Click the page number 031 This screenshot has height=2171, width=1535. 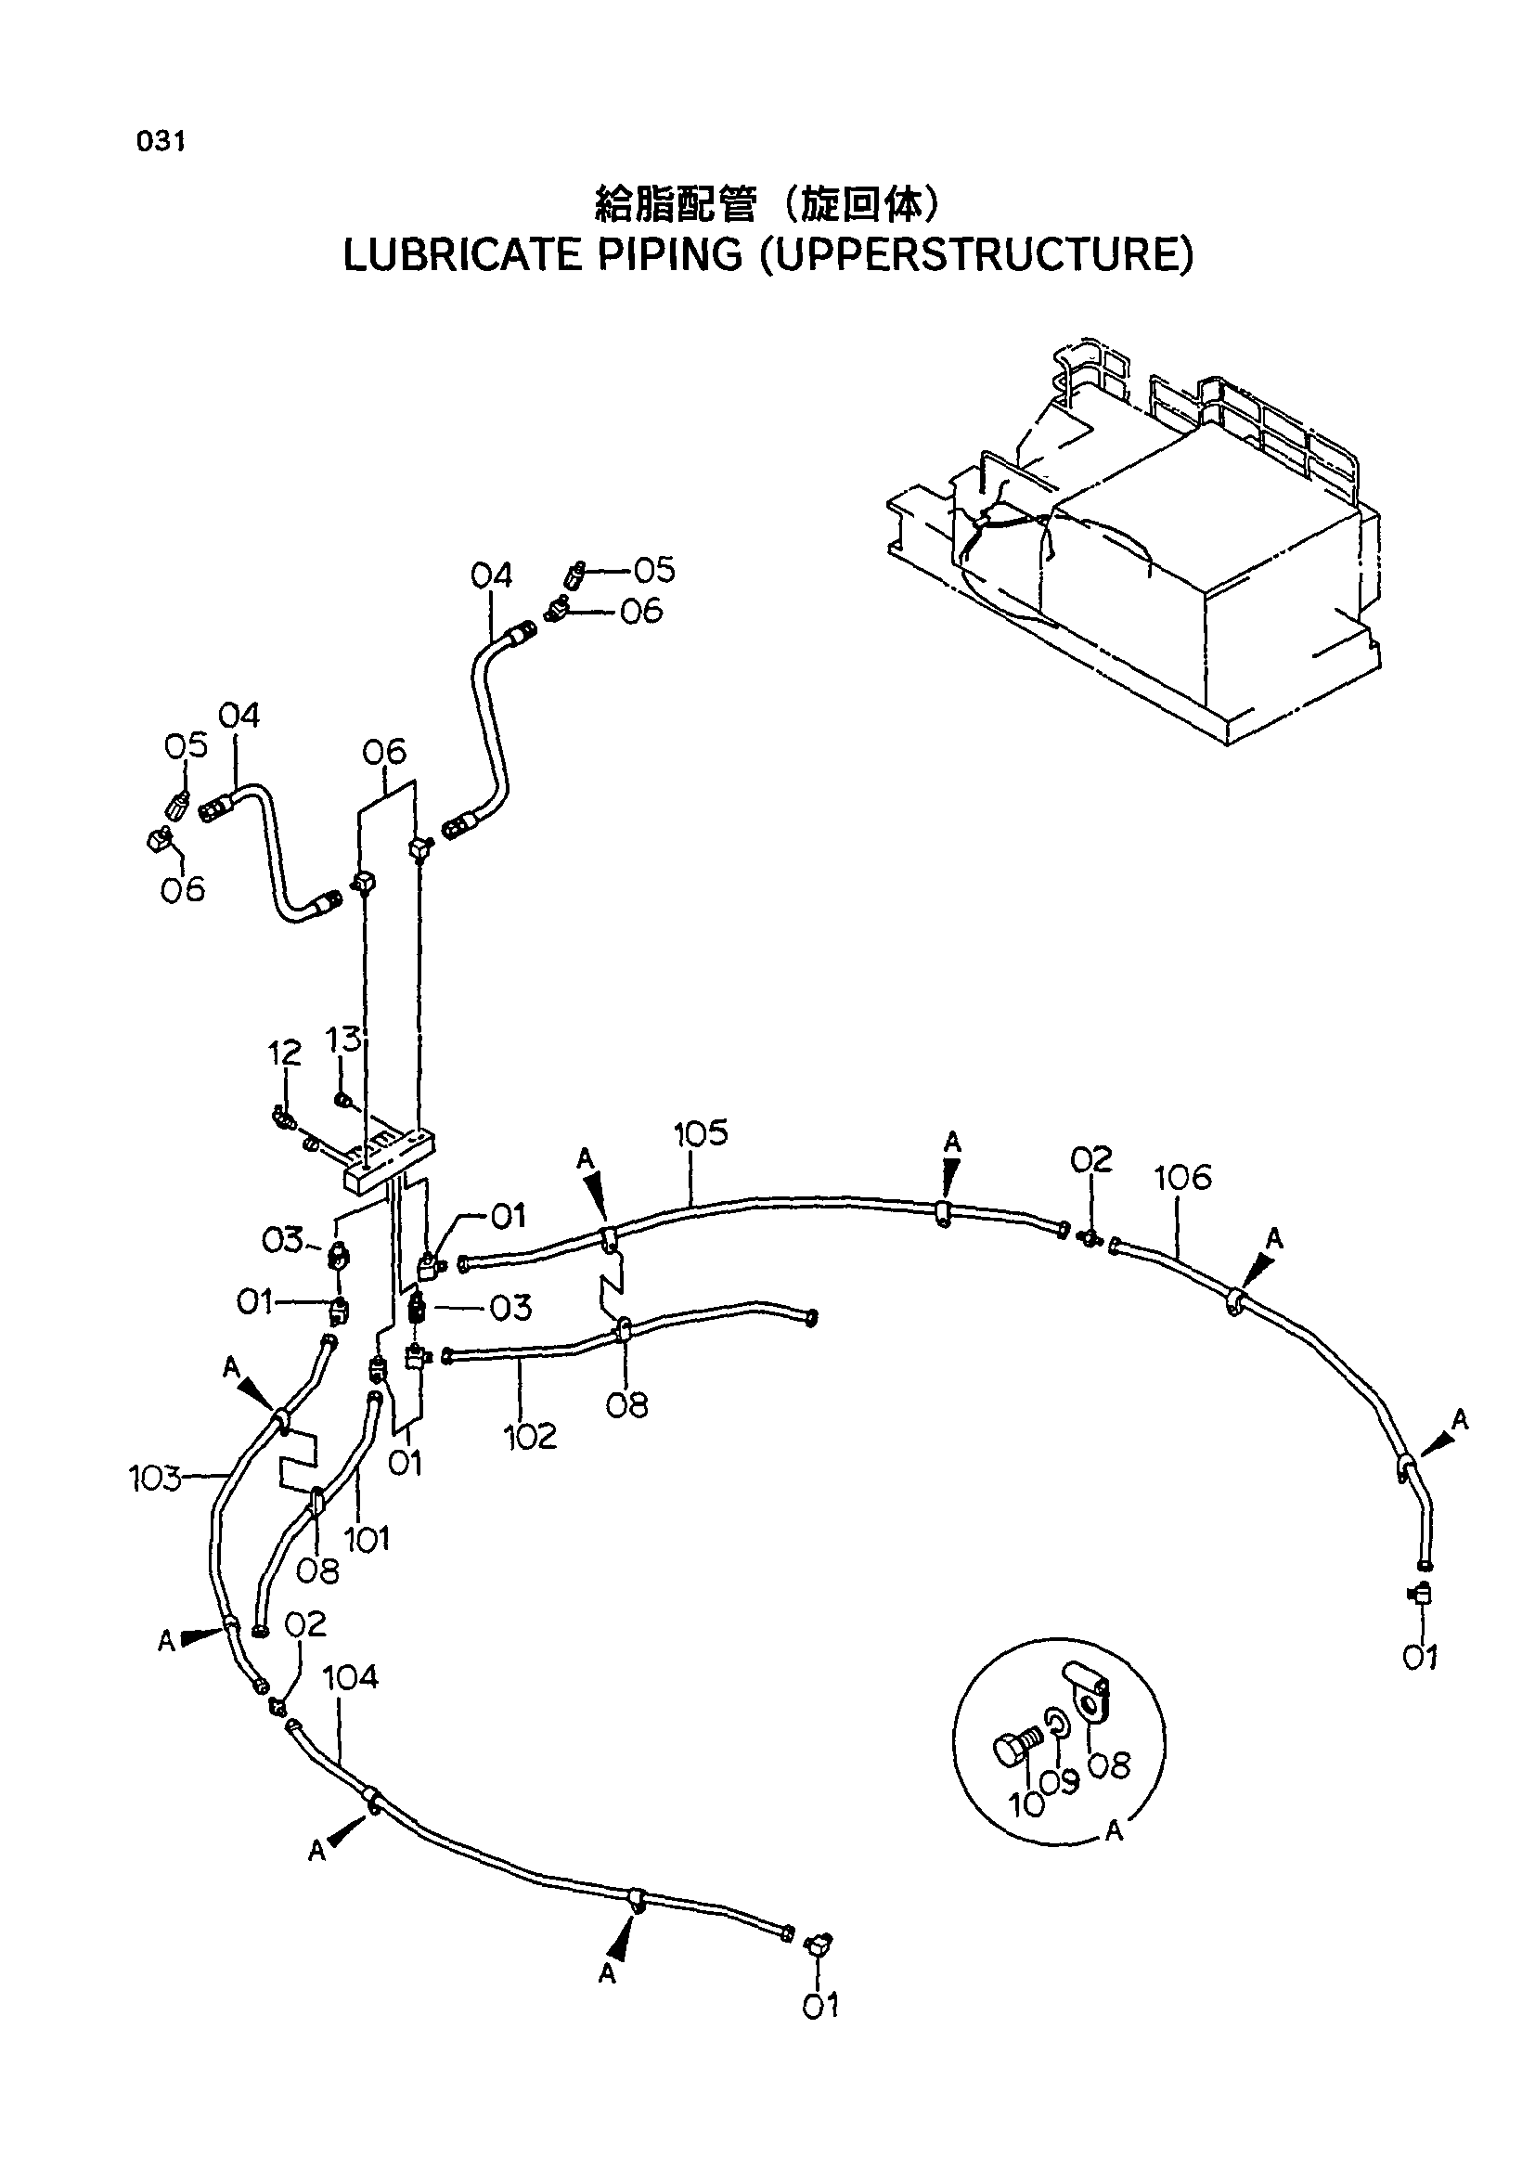point(161,142)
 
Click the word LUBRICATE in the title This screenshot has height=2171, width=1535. point(461,255)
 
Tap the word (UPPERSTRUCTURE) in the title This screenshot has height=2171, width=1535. point(978,255)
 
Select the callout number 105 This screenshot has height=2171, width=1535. point(701,1132)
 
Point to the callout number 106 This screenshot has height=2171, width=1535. point(1182,1177)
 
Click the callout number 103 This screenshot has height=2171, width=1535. point(155,1479)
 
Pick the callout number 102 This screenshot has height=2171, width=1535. point(530,1436)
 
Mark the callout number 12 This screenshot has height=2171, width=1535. point(285,1053)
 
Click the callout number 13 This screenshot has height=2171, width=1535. point(343,1039)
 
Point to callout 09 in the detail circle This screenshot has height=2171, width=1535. point(1059,1781)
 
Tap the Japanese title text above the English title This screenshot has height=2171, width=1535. point(767,203)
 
